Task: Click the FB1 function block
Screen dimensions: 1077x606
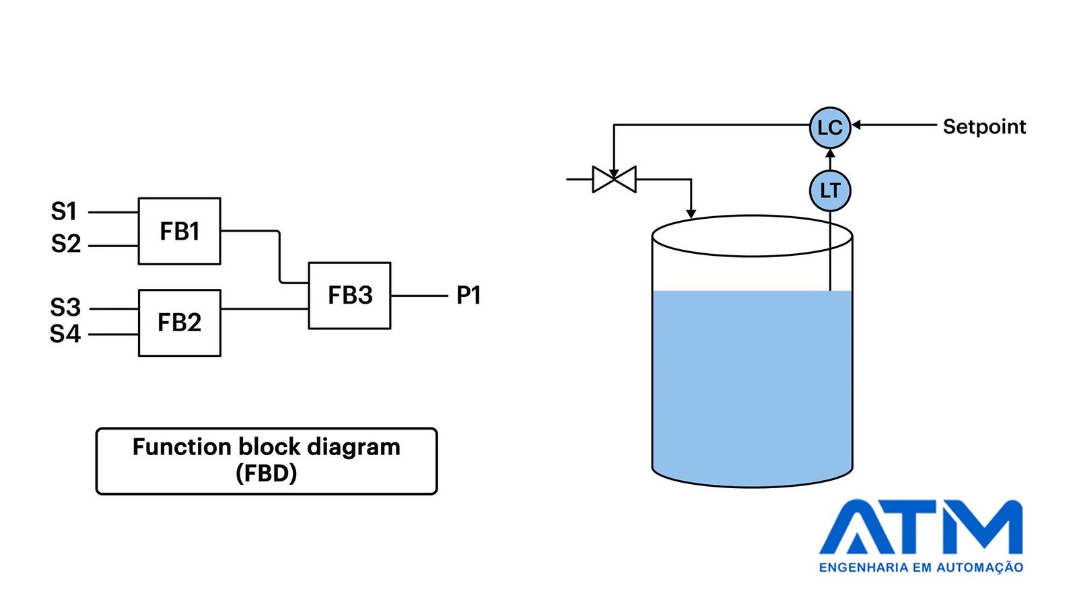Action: coord(179,232)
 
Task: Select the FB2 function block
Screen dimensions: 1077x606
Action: coord(179,323)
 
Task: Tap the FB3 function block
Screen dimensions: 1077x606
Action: coord(349,296)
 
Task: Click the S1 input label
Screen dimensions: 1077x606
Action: coord(64,211)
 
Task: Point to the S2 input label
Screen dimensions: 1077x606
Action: coord(66,244)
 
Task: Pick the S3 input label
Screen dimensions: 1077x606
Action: coord(65,307)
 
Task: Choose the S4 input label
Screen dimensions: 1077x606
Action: coord(65,334)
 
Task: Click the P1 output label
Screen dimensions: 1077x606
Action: coord(468,296)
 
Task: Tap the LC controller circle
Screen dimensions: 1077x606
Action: coord(830,127)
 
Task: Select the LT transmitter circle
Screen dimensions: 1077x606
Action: coord(830,191)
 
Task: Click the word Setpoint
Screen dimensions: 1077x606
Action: coord(984,127)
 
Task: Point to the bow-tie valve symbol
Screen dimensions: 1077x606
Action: coord(614,179)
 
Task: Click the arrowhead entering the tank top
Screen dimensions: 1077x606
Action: coord(691,214)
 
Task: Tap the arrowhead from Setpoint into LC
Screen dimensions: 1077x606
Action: coord(856,125)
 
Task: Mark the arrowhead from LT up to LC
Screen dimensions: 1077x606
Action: coord(830,154)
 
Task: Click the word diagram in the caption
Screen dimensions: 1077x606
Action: coord(353,447)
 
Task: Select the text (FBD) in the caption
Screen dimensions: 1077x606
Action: coord(267,474)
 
